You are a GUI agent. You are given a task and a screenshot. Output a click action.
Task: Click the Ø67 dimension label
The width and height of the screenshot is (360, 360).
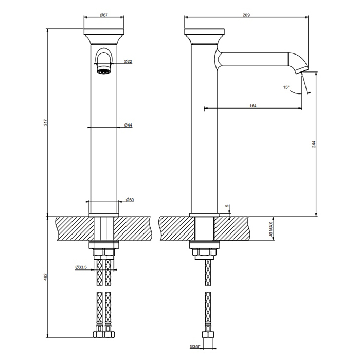pyautogui.click(x=104, y=15)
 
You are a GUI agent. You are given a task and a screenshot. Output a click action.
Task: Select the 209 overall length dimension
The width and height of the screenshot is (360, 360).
pyautogui.click(x=246, y=15)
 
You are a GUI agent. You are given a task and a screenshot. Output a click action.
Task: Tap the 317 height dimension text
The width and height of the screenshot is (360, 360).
pyautogui.click(x=45, y=122)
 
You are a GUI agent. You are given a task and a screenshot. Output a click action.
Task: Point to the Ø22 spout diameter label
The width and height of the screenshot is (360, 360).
pyautogui.click(x=128, y=61)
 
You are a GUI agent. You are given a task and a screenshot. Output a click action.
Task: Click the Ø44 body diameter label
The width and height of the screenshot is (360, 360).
pyautogui.click(x=128, y=125)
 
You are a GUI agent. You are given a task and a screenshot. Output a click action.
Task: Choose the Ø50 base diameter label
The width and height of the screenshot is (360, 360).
pyautogui.click(x=130, y=200)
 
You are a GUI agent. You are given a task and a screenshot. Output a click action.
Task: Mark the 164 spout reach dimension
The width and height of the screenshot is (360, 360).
pyautogui.click(x=253, y=106)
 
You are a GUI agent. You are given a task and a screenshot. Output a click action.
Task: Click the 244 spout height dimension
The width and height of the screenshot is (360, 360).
pyautogui.click(x=314, y=144)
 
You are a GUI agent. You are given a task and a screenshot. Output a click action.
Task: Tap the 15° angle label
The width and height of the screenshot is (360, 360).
pyautogui.click(x=286, y=87)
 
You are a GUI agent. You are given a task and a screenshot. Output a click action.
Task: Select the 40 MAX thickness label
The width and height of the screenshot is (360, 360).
pyautogui.click(x=271, y=229)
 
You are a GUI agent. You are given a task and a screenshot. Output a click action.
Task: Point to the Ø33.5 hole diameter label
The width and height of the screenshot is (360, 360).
pyautogui.click(x=81, y=267)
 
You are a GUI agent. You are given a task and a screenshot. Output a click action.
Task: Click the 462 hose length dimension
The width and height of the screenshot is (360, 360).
pyautogui.click(x=45, y=277)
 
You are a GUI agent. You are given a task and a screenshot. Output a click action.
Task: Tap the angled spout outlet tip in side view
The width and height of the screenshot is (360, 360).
pyautogui.click(x=301, y=70)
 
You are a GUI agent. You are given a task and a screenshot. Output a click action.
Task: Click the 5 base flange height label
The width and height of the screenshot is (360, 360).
pyautogui.click(x=227, y=206)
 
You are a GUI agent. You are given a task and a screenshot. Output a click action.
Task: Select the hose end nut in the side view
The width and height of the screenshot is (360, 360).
pyautogui.click(x=208, y=334)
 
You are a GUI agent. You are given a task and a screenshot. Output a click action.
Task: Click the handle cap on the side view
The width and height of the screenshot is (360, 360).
pyautogui.click(x=204, y=36)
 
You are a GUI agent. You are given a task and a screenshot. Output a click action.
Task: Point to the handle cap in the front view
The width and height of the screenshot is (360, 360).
pyautogui.click(x=104, y=37)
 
